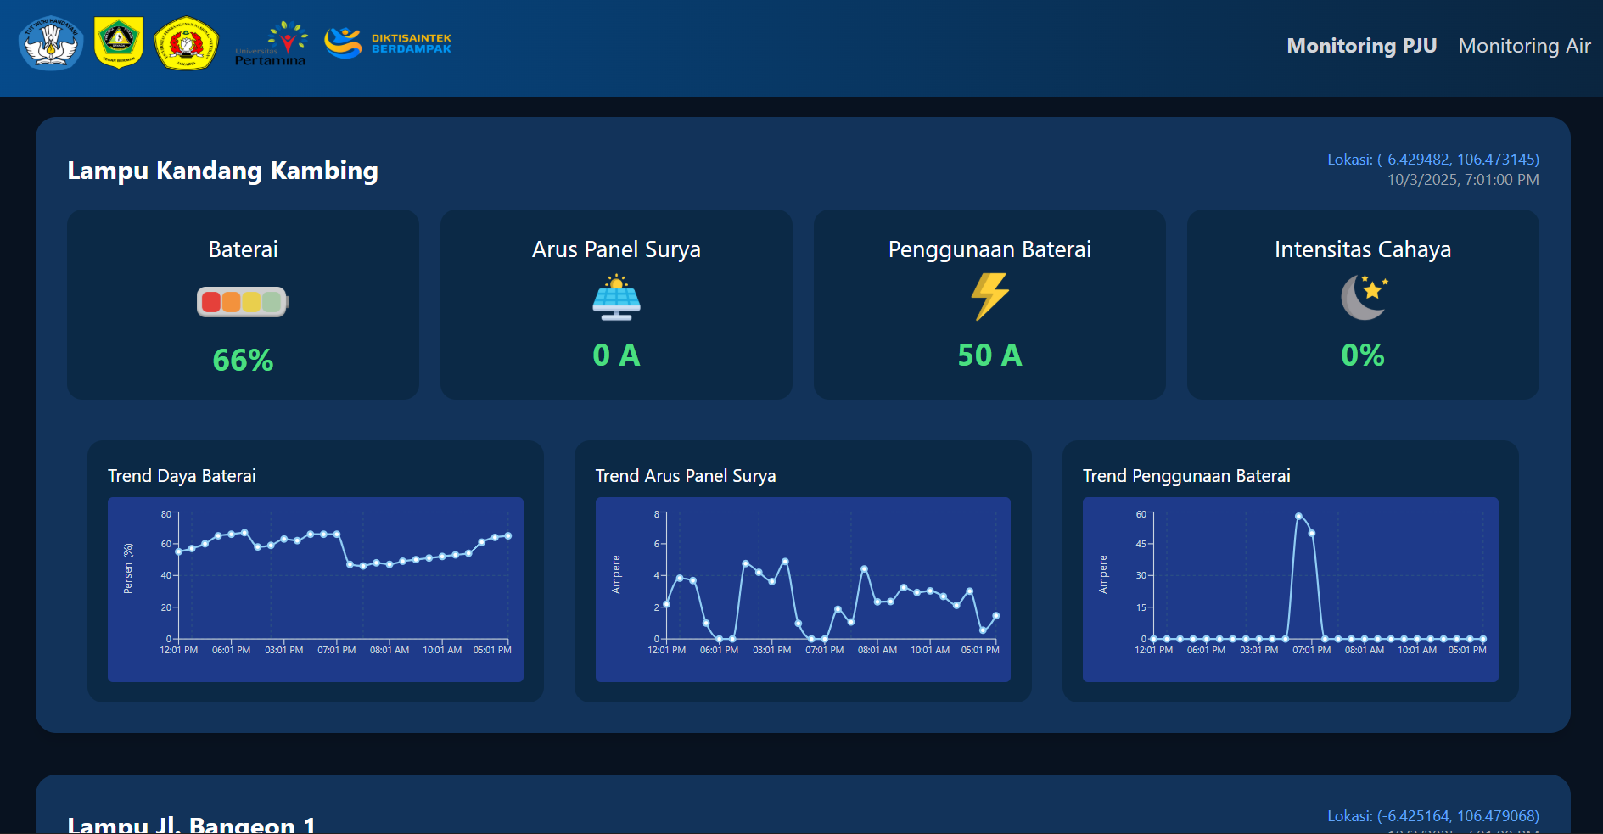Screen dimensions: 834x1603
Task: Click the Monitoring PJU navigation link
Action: point(1361,46)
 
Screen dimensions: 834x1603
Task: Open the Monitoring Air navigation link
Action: point(1524,46)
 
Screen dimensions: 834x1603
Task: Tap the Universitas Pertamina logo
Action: point(271,44)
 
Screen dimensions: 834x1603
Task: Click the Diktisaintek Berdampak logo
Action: point(388,43)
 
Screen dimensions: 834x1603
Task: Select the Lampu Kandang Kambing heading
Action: point(222,171)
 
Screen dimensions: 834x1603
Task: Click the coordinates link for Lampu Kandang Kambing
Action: point(1432,160)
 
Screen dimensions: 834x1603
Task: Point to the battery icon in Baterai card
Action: point(243,301)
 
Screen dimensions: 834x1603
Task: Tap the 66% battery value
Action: point(243,361)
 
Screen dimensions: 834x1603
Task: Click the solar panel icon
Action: point(616,297)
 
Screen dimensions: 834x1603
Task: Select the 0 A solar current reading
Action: point(616,355)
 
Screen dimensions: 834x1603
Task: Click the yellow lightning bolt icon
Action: point(989,296)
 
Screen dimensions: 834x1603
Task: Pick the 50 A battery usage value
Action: point(989,355)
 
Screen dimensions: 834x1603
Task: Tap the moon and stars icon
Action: point(1364,297)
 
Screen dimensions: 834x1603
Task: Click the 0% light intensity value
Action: point(1362,355)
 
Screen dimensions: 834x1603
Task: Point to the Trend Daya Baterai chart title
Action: point(182,476)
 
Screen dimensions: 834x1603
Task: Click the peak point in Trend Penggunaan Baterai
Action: point(1298,516)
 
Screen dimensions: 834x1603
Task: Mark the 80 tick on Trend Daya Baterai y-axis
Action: point(166,514)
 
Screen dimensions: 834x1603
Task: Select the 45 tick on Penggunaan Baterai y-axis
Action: point(1141,544)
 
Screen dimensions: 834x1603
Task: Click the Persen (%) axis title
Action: point(128,568)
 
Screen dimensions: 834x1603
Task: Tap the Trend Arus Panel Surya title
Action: point(685,476)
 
